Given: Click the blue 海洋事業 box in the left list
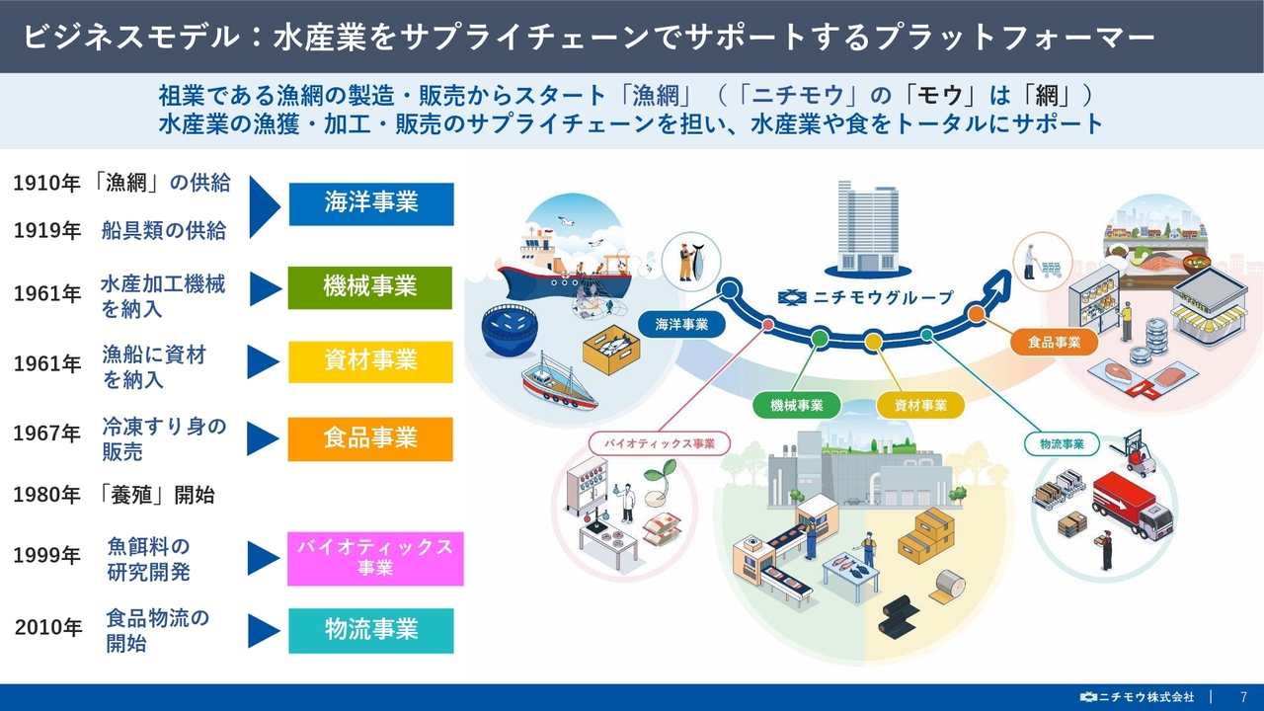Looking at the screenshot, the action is coord(371,203).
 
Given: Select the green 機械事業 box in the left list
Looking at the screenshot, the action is coord(370,287).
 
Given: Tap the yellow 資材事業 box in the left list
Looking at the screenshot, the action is coord(370,361).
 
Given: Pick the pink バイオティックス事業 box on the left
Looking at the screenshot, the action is coord(375,559).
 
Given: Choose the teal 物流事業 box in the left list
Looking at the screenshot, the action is coord(371,630).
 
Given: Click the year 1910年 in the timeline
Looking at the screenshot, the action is coord(46,184).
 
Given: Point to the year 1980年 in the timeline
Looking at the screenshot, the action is coord(46,495).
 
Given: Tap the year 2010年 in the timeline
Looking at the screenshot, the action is coord(48,627).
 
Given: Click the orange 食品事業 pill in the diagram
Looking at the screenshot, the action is coord(1054,342).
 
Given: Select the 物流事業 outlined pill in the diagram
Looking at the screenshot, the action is coord(1062,444).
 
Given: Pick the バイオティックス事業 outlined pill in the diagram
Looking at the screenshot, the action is coord(659,443).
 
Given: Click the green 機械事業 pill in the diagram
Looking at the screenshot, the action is coord(797,405).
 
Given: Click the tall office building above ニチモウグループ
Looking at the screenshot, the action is coord(867,227).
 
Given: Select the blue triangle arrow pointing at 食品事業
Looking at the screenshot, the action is coord(263,439).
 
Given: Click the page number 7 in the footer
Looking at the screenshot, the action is coord(1243,697).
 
